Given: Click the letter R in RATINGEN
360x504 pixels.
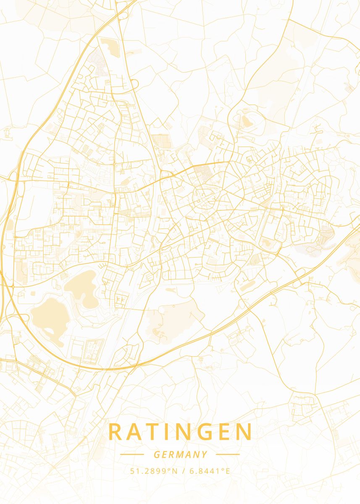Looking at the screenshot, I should pos(116,432).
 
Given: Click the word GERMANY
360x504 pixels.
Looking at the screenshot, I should pos(180,454).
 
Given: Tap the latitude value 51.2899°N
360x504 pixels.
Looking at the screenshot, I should pos(154,471).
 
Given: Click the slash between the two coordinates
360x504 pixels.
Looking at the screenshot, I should pos(184,471).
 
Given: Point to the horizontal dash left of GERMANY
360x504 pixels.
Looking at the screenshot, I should pos(132,454).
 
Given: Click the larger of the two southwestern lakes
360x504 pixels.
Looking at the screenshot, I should pos(46,315).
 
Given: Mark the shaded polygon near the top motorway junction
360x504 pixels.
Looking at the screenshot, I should pos(110,47).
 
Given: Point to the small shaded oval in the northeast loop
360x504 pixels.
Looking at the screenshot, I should pos(245,121).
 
